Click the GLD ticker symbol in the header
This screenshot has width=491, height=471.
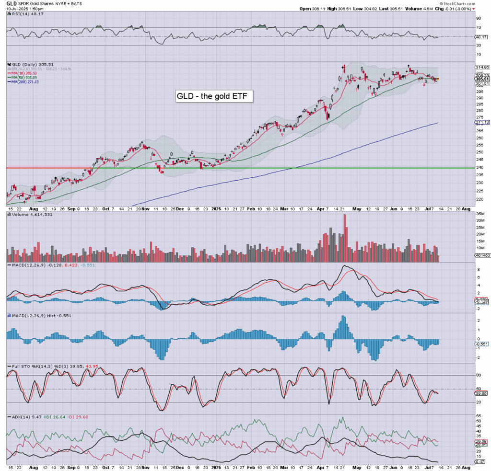(x=12, y=3)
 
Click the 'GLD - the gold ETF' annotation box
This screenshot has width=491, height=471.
(x=214, y=96)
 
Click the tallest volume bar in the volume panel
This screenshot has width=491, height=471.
(x=344, y=238)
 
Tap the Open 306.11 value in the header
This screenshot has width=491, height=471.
(x=309, y=9)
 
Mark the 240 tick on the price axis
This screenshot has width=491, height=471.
(x=479, y=167)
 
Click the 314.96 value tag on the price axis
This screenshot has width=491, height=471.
(x=481, y=68)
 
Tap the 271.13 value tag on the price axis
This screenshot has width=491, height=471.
(x=481, y=123)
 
